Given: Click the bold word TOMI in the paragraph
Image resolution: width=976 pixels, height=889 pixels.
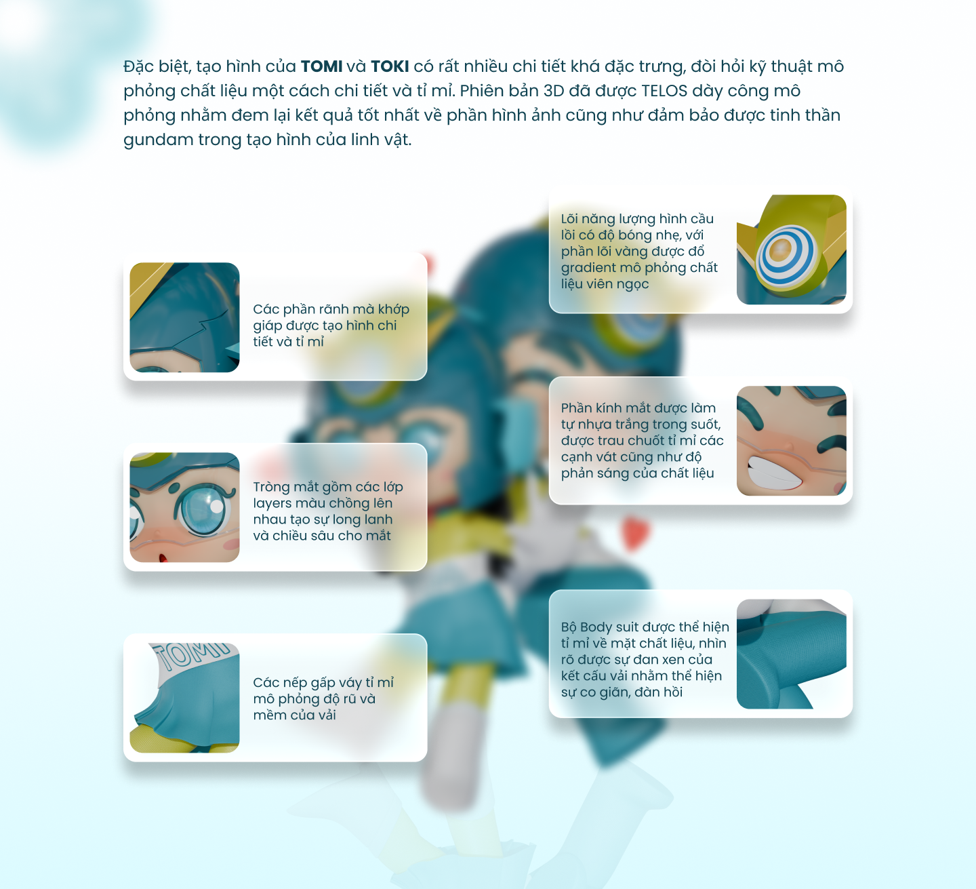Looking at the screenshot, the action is click(x=321, y=66).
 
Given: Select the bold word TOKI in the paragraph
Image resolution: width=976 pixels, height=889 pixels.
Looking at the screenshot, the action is click(x=390, y=66).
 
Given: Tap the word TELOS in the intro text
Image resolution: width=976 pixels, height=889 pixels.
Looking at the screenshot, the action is click(x=664, y=91).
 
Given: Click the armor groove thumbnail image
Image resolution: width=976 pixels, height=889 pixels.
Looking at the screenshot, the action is click(x=184, y=317).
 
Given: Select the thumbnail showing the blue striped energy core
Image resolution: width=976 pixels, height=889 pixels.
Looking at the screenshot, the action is click(x=791, y=250).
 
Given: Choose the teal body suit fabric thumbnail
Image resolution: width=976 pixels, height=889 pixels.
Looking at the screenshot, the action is click(x=791, y=654).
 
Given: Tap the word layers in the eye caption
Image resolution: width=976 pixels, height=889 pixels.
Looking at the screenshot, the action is click(x=271, y=503).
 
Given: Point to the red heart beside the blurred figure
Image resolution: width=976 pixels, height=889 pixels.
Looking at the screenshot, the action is click(x=635, y=532).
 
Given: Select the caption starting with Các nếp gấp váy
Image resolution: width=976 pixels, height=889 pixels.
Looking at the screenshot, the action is click(x=323, y=698).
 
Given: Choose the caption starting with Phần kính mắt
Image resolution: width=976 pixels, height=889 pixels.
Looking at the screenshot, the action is click(x=642, y=441).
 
